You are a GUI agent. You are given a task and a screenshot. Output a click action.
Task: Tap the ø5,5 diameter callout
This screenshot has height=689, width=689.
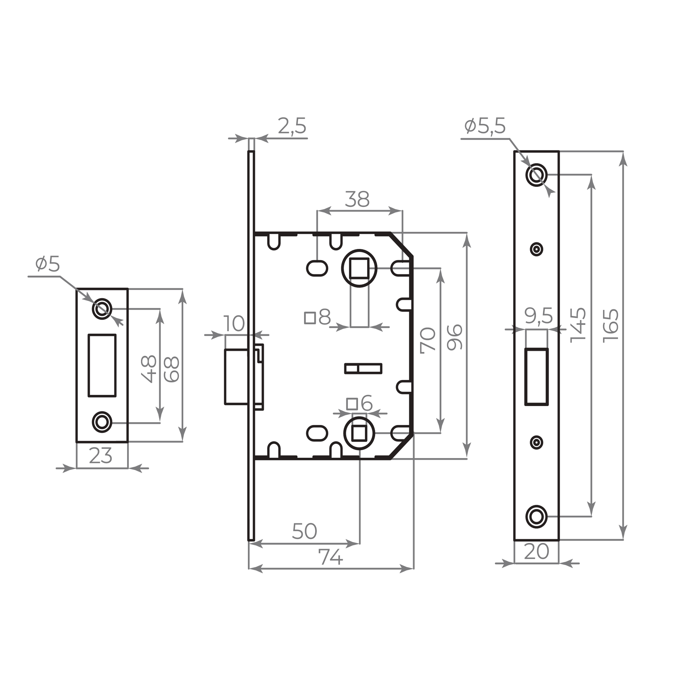tap(485, 126)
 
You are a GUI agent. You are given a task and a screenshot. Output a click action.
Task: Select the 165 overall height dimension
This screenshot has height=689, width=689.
tap(610, 326)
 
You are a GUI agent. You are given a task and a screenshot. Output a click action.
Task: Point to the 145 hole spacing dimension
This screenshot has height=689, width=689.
tap(578, 325)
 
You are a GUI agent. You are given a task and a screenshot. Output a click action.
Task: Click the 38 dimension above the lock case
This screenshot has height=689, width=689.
tap(357, 200)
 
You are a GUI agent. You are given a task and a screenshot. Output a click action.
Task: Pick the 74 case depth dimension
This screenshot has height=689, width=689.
tap(331, 557)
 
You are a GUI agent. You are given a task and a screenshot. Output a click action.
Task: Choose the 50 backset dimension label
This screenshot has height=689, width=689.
tap(304, 531)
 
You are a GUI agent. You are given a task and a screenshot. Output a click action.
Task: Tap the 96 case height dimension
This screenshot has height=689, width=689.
tap(455, 337)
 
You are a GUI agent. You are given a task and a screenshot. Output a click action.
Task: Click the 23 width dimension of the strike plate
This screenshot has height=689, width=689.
tap(101, 456)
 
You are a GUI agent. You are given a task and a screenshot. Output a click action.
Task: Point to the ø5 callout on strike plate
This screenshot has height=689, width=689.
tap(48, 264)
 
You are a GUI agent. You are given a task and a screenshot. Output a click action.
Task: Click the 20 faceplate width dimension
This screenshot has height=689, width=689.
tap(536, 551)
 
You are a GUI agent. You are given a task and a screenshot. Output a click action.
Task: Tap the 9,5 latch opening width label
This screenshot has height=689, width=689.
tap(538, 316)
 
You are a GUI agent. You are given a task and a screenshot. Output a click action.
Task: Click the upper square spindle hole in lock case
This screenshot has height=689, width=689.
tap(359, 268)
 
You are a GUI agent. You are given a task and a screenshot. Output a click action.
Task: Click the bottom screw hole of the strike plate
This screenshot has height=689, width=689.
tap(102, 422)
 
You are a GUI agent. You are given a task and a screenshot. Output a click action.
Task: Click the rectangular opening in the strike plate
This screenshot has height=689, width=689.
tap(102, 365)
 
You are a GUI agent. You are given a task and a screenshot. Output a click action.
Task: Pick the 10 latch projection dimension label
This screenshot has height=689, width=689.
tap(234, 324)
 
